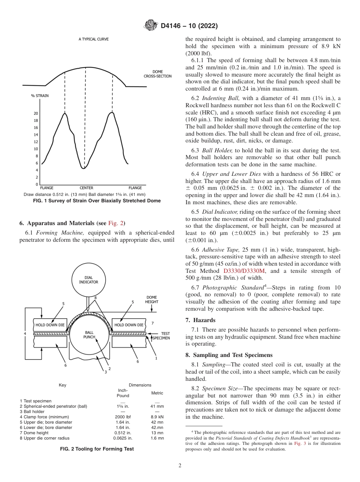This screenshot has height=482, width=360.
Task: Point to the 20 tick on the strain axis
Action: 36,113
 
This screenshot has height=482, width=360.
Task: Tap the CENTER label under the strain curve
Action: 86,188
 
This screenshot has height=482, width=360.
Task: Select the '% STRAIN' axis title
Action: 40,96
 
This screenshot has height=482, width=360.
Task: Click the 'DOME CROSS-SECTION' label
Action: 158,74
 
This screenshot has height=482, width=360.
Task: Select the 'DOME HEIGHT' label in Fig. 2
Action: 152,299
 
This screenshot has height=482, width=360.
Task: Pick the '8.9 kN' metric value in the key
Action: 157,417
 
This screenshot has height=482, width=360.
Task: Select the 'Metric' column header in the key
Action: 157,393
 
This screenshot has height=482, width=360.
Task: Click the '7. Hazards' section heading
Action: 200,320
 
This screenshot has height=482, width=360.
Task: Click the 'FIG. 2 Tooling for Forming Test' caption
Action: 97,449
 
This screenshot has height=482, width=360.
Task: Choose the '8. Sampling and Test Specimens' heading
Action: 229,355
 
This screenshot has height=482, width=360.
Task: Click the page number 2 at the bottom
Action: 180,466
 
